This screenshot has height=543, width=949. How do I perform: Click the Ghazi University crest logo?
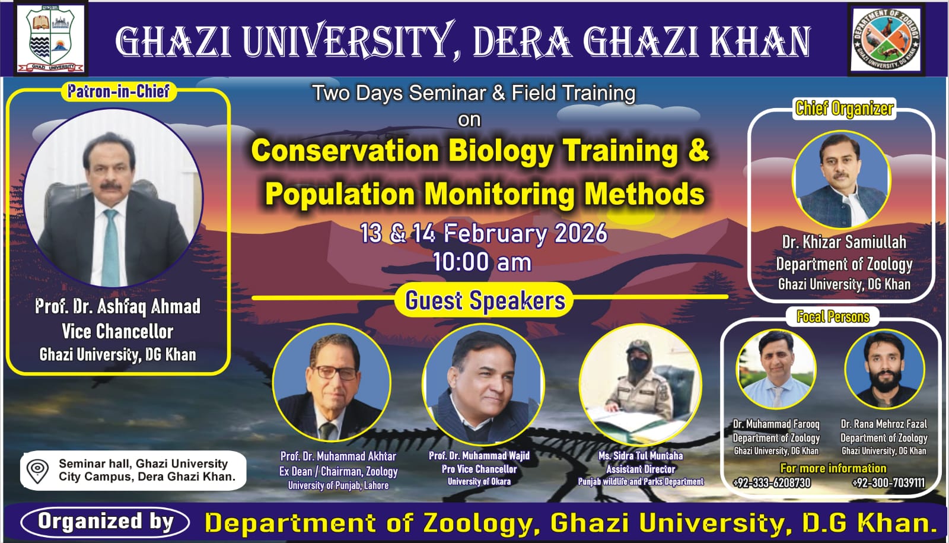tap(51, 39)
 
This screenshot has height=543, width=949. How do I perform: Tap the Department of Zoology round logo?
tap(886, 39)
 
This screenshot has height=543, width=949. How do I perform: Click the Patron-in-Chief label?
tap(119, 91)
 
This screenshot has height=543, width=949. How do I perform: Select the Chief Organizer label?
tap(845, 109)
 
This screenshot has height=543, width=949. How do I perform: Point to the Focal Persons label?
tap(833, 317)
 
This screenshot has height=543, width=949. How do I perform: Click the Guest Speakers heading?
tap(485, 300)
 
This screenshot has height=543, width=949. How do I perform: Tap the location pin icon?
tap(37, 471)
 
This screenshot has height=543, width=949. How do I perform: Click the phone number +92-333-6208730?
tap(772, 483)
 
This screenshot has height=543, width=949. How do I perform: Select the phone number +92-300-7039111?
tap(889, 483)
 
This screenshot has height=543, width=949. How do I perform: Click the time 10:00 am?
tap(482, 262)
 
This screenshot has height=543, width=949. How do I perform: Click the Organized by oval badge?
tap(105, 522)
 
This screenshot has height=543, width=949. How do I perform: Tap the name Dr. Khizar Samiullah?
tap(845, 242)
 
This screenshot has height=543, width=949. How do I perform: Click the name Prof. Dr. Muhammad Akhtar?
tap(338, 456)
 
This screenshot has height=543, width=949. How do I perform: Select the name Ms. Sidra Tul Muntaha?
tap(641, 456)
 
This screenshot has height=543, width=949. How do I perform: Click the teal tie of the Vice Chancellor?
tap(111, 248)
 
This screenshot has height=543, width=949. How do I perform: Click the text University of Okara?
tap(479, 481)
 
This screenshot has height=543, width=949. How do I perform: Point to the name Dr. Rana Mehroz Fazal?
tap(884, 424)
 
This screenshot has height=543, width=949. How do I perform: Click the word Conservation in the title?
tap(345, 151)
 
